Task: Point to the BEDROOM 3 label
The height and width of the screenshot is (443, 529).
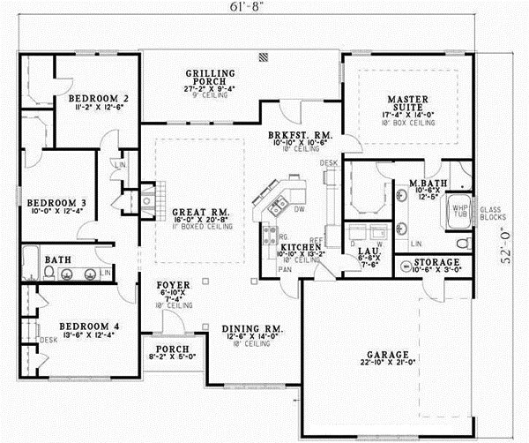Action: pyautogui.click(x=55, y=199)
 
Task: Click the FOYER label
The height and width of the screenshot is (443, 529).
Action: pyautogui.click(x=172, y=286)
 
